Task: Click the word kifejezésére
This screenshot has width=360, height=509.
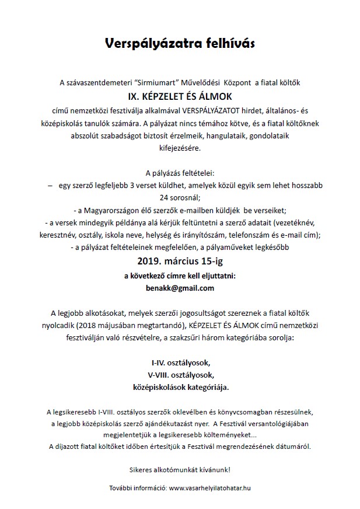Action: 180,148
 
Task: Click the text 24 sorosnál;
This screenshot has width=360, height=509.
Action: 180,197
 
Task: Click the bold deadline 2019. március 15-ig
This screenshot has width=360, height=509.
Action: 180,260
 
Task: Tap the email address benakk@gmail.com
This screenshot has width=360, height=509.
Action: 180,288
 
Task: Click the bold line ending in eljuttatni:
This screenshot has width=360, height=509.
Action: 180,275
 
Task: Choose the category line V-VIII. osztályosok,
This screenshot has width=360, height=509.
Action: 180,374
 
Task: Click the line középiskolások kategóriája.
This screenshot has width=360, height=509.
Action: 180,386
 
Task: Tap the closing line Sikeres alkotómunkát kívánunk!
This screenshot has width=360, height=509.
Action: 180,469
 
